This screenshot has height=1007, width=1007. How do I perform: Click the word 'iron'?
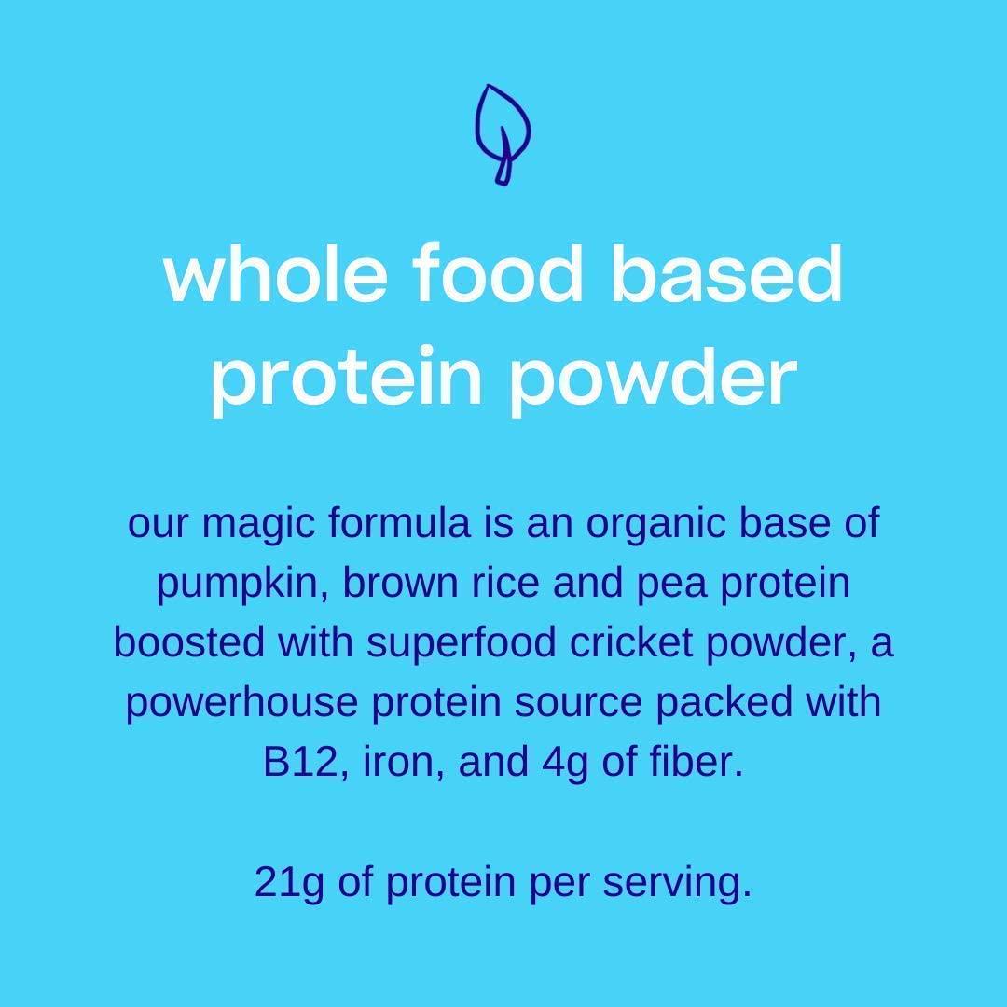click(366, 764)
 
